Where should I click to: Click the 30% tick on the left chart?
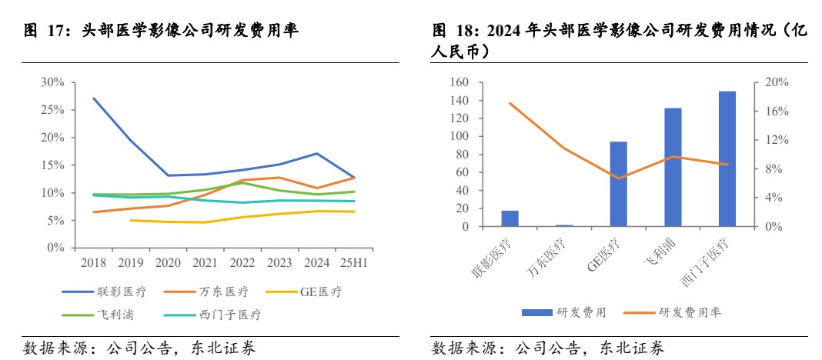[52, 82]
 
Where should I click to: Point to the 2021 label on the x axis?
[205, 263]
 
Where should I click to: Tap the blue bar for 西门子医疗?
[727, 159]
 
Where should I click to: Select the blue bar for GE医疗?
[618, 185]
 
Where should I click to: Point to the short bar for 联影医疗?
[510, 218]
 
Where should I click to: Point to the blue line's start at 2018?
[93, 98]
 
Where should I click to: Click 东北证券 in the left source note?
[226, 348]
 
